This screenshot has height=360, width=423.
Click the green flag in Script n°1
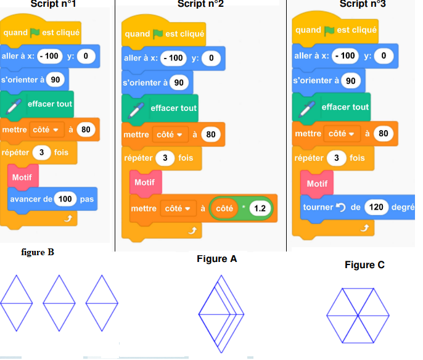[35, 33]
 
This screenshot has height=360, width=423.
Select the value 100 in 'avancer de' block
[65, 199]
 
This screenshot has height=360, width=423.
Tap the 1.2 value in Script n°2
[260, 208]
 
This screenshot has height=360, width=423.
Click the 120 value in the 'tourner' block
[376, 207]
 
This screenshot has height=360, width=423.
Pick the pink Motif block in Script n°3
[317, 183]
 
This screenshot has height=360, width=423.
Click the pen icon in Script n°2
[136, 109]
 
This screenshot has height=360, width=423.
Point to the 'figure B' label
[38, 252]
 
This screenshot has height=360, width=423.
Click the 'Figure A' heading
[216, 259]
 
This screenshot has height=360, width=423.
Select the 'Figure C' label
[364, 265]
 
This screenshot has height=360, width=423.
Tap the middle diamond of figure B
[59, 303]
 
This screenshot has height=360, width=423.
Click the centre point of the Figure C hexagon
[358, 316]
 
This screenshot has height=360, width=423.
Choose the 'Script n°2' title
[200, 4]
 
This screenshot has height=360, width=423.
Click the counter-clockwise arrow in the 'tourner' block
[340, 207]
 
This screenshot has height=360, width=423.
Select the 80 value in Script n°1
[86, 129]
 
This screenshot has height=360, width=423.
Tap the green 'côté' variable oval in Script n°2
[224, 208]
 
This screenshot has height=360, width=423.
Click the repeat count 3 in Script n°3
[337, 158]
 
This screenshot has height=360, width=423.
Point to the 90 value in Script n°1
[55, 80]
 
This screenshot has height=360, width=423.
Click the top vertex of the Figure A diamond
[221, 276]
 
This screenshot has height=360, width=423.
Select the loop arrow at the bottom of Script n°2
[192, 231]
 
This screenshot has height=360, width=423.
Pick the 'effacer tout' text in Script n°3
[345, 107]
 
